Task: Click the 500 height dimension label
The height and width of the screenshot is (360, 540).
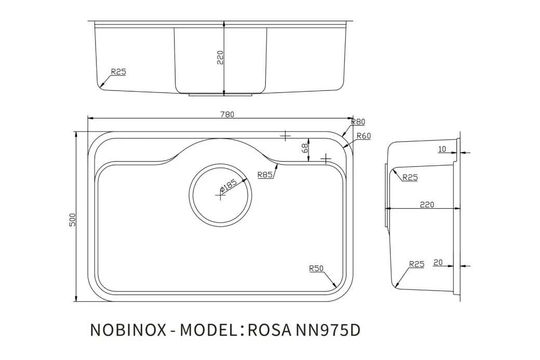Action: (x=73, y=219)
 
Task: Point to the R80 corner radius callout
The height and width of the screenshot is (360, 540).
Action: (x=358, y=122)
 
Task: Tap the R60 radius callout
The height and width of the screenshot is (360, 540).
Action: (x=363, y=136)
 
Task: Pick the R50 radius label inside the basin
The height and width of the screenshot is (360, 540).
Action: (x=316, y=269)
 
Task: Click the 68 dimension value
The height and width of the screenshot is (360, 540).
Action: (x=305, y=148)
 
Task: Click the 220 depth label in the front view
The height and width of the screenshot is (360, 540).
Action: (x=220, y=57)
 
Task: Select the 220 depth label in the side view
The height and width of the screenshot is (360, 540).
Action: (x=426, y=205)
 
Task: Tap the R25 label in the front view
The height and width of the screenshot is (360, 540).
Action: (x=118, y=72)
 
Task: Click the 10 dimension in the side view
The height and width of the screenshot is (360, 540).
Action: (x=442, y=149)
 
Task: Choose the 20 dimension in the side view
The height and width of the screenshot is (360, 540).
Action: (x=437, y=263)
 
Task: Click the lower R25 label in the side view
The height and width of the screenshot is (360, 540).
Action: (x=416, y=264)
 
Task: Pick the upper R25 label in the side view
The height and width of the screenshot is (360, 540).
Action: (x=410, y=178)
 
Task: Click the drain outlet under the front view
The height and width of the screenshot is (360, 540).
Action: (x=220, y=95)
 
